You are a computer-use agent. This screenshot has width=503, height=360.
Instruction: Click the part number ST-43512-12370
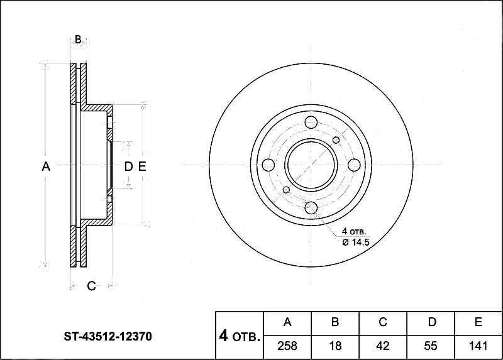(108, 337)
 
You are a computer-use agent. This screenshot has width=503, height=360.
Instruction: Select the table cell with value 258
(287, 346)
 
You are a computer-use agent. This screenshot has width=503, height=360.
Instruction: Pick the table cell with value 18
(335, 346)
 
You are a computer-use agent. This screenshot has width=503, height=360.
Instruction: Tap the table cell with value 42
(383, 346)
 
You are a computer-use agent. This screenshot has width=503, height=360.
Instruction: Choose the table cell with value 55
(431, 346)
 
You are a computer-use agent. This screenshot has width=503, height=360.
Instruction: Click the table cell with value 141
(478, 346)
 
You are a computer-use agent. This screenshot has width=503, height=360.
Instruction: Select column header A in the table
(287, 323)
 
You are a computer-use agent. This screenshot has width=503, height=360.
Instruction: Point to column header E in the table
(478, 323)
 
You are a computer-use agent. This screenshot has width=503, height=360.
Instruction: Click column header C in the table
(383, 323)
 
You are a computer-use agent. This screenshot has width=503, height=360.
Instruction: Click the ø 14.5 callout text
(355, 243)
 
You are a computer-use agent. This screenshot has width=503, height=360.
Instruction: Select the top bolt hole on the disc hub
(311, 122)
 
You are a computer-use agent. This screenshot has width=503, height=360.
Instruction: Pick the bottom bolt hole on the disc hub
(311, 208)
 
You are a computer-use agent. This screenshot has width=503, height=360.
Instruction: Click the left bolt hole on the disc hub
(268, 165)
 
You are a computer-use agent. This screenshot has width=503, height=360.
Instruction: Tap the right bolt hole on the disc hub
(354, 165)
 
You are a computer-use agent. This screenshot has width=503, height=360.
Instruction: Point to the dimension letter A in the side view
(45, 166)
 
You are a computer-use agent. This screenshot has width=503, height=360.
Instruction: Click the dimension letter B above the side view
(78, 40)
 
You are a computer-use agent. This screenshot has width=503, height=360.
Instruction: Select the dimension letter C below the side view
(91, 286)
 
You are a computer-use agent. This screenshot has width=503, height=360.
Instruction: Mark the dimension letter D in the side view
(128, 166)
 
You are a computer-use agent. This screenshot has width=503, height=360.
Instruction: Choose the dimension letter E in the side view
(141, 166)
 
